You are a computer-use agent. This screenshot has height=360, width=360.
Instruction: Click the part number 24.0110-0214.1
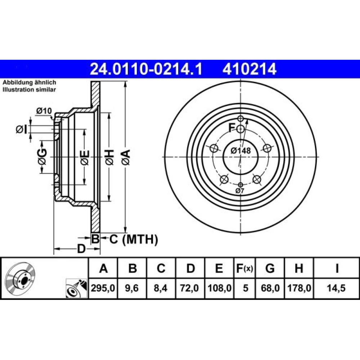point(146,69)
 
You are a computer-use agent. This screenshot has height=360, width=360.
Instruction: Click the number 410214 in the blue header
point(249,69)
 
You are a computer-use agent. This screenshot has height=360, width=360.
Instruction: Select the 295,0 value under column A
point(103,288)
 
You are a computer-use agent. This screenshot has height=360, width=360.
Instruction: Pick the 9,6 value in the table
point(132,288)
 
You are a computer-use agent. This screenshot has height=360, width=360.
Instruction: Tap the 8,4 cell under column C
point(161,288)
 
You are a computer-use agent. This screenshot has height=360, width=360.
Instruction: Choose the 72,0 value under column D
point(189,288)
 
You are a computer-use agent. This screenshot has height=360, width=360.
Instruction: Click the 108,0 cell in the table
point(219,288)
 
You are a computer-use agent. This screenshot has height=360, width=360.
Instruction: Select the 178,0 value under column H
point(299,288)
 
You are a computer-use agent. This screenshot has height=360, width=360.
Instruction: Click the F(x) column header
point(244,268)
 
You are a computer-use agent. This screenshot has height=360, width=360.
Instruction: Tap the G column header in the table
point(270,268)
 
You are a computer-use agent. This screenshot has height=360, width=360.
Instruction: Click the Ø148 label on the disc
point(240,150)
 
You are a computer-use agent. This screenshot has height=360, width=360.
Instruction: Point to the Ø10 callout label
point(44,111)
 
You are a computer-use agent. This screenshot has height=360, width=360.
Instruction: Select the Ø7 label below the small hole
point(240,190)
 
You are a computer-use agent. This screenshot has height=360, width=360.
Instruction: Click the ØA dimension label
point(126,157)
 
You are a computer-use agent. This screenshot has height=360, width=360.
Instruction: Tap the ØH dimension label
point(110,157)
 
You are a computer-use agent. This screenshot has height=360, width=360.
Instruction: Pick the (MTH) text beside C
point(140,240)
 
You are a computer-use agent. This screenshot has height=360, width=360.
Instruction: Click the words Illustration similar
point(29,90)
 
